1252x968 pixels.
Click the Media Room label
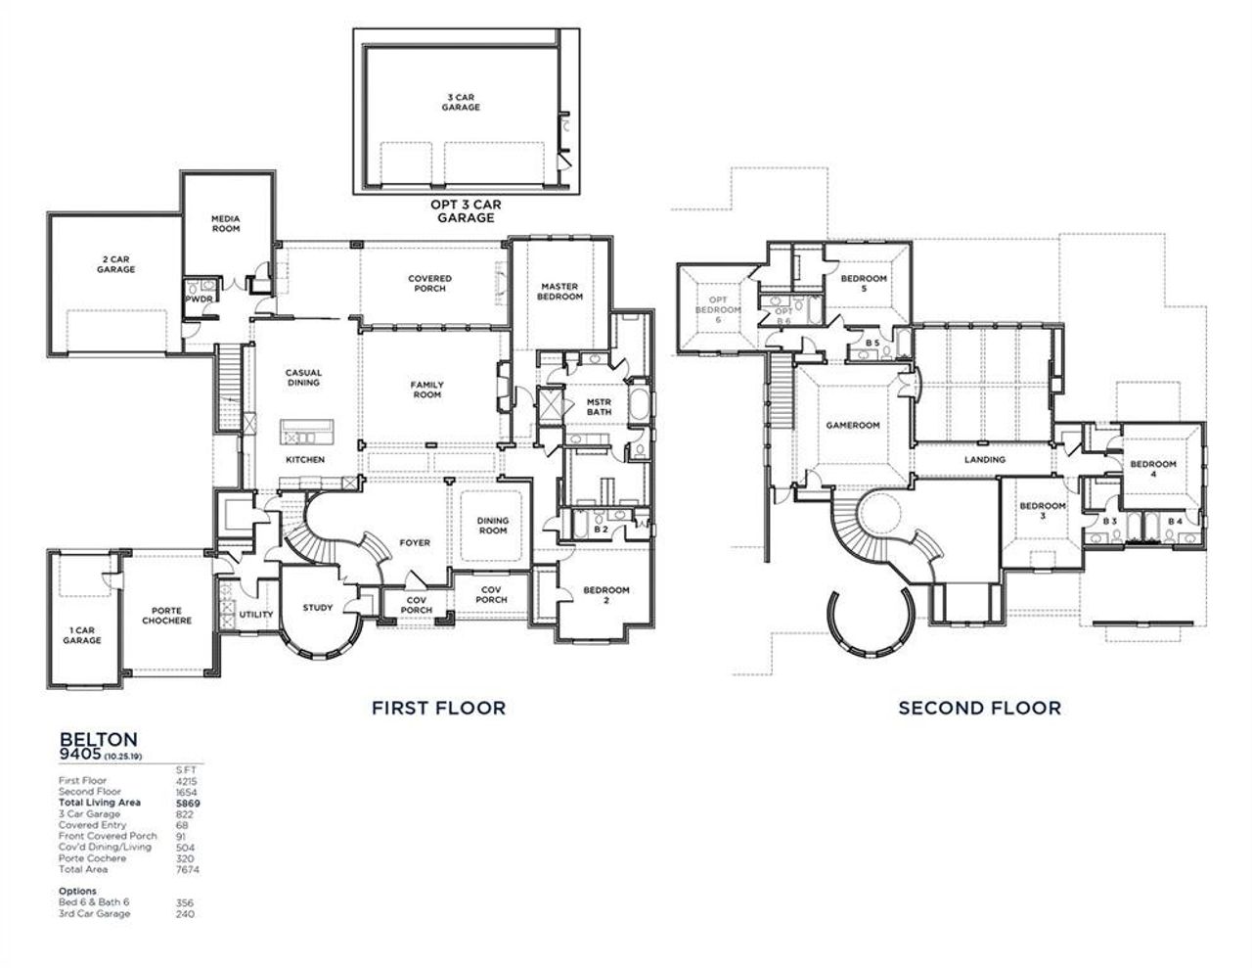tap(226, 223)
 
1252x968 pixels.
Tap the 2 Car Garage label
tap(115, 264)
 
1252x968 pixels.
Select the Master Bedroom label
tap(560, 292)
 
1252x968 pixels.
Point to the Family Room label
tap(427, 390)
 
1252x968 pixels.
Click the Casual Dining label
tap(303, 378)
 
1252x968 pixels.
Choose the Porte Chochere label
tap(166, 616)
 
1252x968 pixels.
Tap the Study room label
tap(318, 608)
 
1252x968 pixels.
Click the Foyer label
tap(415, 543)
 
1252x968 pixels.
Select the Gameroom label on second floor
tap(853, 426)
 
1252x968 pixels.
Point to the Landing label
tap(984, 459)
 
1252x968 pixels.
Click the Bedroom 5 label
tap(864, 284)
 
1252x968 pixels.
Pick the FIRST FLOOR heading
tap(438, 707)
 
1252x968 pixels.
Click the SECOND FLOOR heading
tap(979, 707)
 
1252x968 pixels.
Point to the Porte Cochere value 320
tap(184, 858)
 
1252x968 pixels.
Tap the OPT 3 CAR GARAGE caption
tap(466, 210)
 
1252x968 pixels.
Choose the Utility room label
tap(256, 615)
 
